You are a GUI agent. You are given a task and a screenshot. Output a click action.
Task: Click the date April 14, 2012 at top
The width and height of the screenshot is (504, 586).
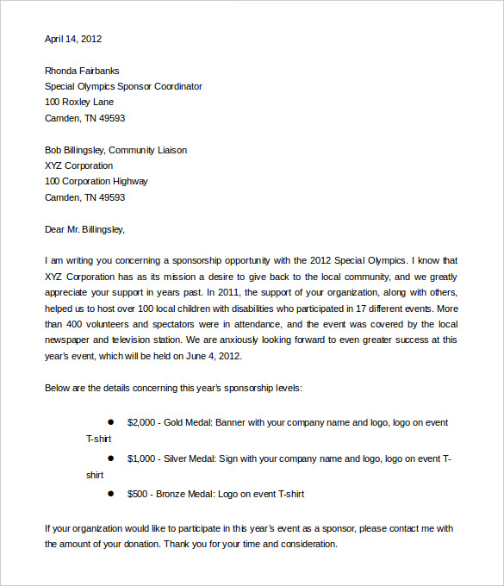(73, 39)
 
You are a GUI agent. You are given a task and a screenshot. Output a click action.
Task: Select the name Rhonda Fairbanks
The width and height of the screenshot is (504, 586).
(82, 71)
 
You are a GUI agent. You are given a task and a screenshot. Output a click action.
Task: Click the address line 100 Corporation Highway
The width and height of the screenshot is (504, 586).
(96, 182)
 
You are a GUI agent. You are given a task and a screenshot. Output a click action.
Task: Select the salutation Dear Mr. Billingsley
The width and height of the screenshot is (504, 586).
(84, 229)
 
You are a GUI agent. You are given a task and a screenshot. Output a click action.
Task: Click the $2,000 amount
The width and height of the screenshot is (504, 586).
(141, 423)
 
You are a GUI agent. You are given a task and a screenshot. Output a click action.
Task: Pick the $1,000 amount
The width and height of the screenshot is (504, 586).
(141, 458)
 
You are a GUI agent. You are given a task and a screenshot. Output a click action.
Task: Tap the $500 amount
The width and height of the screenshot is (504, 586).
(138, 495)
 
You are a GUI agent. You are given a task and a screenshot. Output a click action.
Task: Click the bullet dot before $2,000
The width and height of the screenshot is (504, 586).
(110, 422)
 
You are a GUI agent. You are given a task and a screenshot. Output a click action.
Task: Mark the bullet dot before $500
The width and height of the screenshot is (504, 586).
(110, 494)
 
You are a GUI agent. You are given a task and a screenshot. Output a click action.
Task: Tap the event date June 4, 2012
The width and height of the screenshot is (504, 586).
(209, 356)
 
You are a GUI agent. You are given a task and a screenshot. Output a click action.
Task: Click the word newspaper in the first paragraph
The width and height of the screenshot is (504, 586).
(70, 340)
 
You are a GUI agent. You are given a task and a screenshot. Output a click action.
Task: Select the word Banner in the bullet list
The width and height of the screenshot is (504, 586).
(229, 423)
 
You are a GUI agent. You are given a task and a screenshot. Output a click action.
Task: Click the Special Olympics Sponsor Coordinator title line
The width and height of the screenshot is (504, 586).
(123, 86)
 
